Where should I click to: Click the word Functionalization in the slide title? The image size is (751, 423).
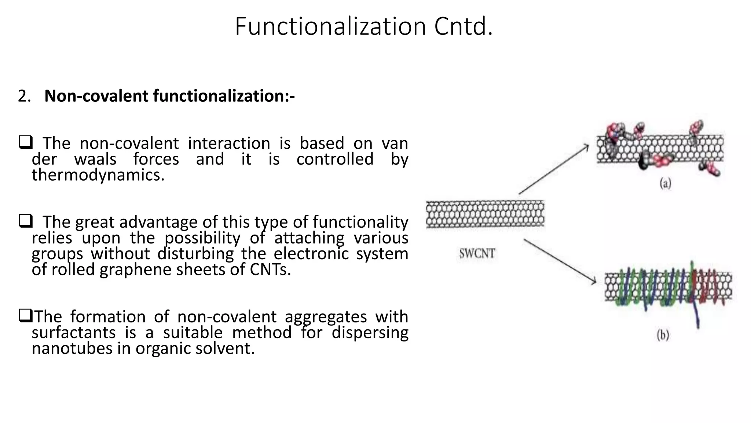click(330, 26)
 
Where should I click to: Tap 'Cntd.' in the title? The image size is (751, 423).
click(464, 26)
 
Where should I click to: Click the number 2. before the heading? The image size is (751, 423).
click(24, 96)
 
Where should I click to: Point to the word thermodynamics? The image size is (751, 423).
click(98, 175)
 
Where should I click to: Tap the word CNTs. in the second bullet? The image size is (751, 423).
click(270, 270)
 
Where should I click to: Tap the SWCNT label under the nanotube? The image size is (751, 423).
click(477, 254)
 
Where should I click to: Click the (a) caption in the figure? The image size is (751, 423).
click(665, 183)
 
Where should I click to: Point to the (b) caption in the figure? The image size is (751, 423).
click(663, 335)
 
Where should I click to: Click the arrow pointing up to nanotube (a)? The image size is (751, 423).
click(554, 169)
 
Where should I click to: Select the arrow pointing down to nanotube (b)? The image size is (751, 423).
click(559, 261)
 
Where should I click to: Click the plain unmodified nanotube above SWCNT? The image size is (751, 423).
click(485, 214)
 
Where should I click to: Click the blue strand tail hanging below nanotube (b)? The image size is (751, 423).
click(697, 318)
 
